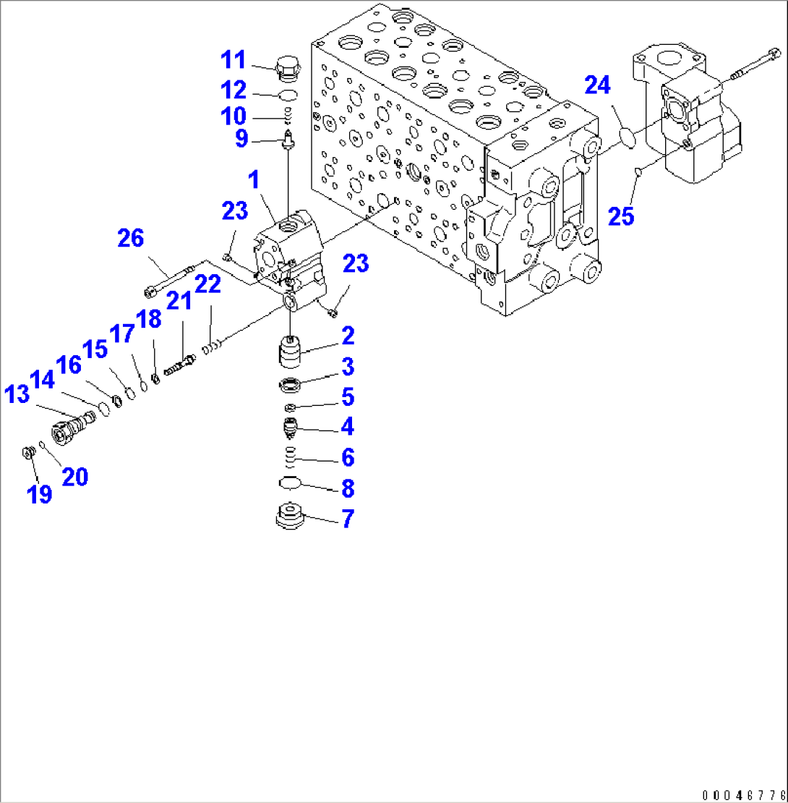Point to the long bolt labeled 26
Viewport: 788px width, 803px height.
(x=169, y=281)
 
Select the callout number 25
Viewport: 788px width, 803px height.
(x=620, y=216)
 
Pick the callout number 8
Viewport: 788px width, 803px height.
(x=348, y=489)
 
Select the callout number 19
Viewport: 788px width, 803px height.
(x=40, y=494)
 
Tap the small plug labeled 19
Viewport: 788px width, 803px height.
(x=28, y=453)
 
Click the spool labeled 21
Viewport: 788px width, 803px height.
(x=179, y=365)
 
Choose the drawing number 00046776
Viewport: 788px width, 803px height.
(x=742, y=793)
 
